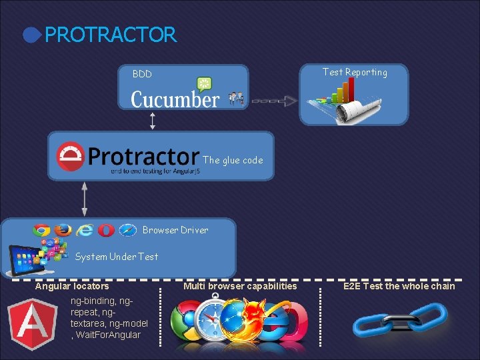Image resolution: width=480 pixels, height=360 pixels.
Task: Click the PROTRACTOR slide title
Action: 110,35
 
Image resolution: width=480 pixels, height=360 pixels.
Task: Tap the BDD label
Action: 142,74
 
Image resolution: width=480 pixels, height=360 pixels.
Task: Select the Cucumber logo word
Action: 175,100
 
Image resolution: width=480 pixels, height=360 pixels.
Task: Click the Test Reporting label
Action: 355,72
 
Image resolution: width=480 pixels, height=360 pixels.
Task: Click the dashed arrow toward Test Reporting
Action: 273,101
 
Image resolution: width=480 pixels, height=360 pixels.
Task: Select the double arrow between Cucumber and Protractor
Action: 153,120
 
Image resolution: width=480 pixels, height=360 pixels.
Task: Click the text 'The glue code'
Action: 233,160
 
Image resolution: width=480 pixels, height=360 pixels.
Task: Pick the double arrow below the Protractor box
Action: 85,198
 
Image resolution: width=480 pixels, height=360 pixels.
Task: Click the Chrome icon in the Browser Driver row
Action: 42,231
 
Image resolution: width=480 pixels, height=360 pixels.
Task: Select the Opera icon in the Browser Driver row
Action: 105,231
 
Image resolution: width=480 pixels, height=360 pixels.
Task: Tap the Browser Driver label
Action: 175,230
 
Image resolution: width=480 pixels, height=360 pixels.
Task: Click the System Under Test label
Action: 117,257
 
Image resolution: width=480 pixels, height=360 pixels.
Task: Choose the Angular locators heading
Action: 72,286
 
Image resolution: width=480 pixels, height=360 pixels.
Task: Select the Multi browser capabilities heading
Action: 240,286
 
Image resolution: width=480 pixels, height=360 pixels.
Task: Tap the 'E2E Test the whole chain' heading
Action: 399,286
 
